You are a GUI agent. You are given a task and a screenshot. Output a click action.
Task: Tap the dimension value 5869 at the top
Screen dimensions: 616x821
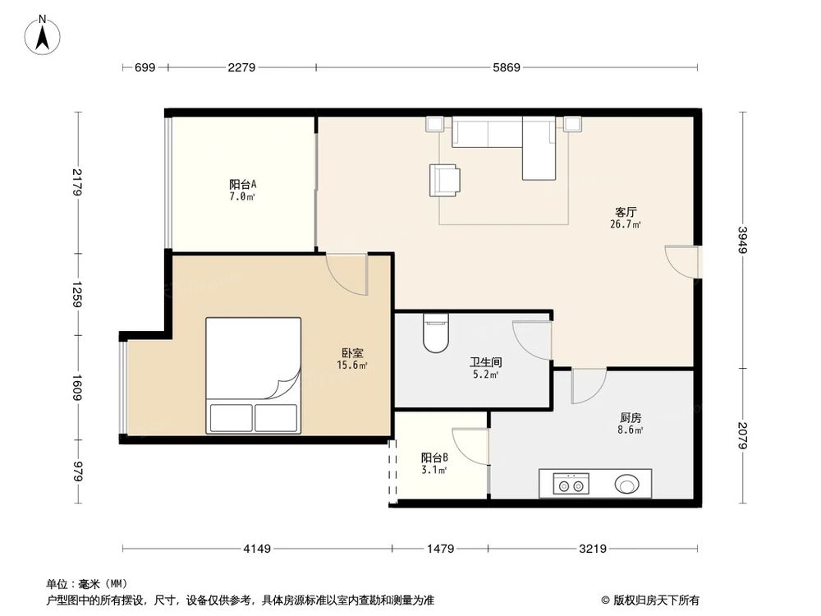coord(507,67)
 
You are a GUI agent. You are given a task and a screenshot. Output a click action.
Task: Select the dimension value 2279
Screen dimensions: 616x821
coord(242,67)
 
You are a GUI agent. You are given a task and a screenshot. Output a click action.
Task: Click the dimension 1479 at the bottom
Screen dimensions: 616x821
coord(441,549)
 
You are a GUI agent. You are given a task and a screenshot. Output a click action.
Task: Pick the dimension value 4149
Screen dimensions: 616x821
coord(257,549)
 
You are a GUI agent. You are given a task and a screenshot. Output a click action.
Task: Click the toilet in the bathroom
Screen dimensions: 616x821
coord(435,334)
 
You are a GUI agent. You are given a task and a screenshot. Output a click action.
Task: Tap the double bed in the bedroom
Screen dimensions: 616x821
coord(253,375)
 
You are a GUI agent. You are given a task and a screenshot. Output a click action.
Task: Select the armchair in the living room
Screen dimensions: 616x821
coord(444,179)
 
